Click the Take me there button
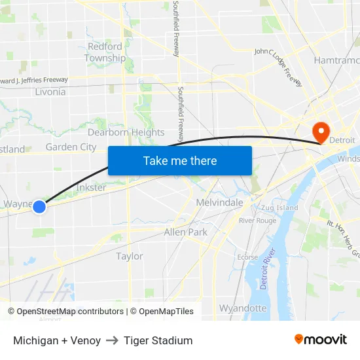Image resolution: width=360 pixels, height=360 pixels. pos(180,160)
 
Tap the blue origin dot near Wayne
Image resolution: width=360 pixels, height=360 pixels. pos(39,206)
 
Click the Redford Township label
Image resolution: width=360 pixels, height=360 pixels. pos(105,52)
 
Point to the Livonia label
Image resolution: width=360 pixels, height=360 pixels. pos(50,92)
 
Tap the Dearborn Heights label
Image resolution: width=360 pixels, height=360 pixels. pos(126,132)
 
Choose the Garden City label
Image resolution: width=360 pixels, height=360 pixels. pos(71,147)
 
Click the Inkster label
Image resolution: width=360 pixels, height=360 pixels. pos(91,187)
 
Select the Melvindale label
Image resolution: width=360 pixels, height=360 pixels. pos(220,203)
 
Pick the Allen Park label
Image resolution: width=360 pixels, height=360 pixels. pos(186,232)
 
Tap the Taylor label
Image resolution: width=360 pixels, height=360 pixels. pos(130,256)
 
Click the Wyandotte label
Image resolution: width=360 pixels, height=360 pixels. pos(243,308)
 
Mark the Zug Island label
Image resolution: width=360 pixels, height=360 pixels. pos(279,207)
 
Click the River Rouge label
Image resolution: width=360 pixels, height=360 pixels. pos(257,221)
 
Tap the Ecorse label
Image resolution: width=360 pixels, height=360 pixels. pos(247,257)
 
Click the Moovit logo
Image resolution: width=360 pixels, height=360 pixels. pos(320,340)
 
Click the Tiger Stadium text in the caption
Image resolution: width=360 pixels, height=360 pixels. pos(158,340)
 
